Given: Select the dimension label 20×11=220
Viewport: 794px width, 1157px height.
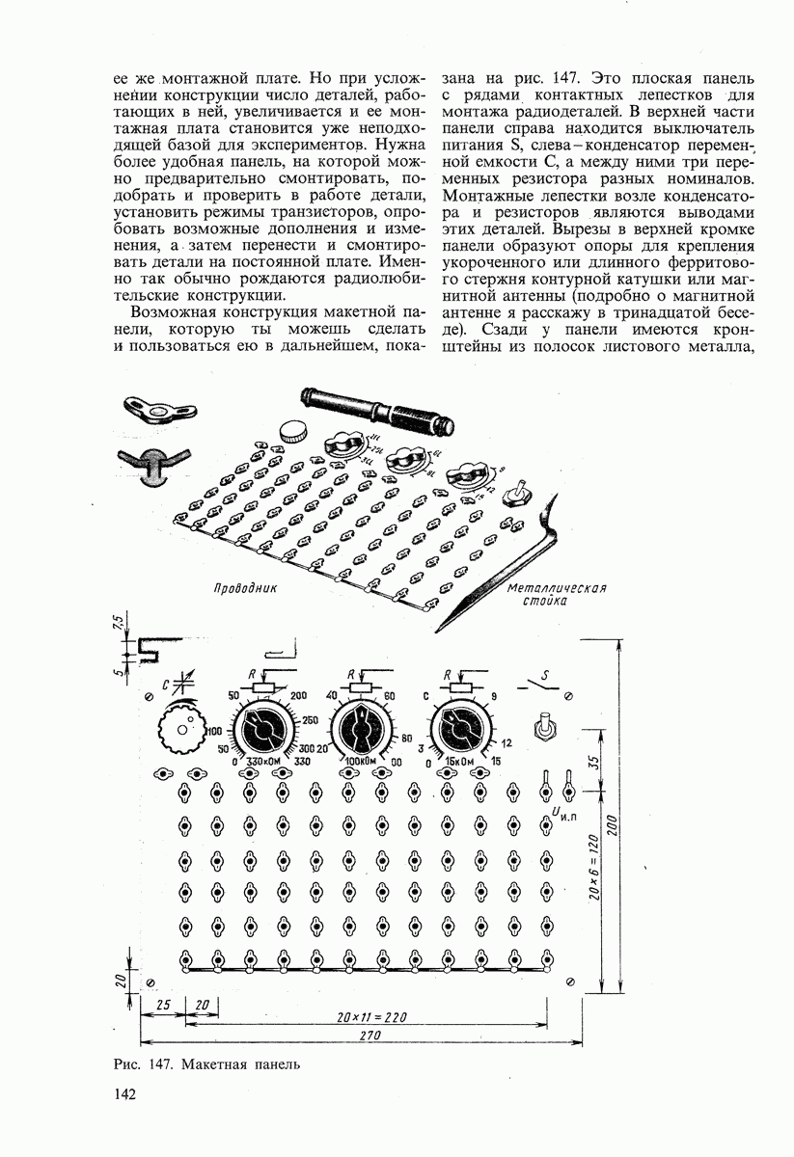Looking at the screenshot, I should click(x=374, y=1017).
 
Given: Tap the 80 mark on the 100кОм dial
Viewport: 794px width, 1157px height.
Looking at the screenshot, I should click(x=404, y=738).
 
